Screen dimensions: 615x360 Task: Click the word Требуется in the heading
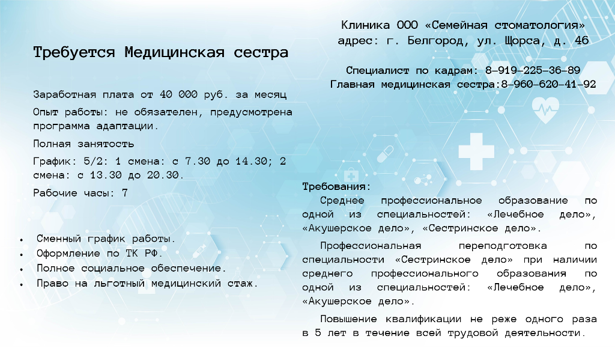tap(74, 53)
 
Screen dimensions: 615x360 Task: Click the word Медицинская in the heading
tap(175, 53)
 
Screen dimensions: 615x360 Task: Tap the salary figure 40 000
tap(178, 94)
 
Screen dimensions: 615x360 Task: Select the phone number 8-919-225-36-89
tap(533, 70)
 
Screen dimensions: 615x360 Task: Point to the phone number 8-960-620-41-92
tap(548, 84)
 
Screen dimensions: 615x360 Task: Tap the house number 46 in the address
tap(581, 40)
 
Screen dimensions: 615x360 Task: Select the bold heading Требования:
tap(336, 186)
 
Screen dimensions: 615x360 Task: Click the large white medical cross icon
tap(476, 151)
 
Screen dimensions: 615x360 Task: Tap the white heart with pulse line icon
tap(545, 110)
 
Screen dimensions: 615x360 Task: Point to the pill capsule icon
tap(385, 153)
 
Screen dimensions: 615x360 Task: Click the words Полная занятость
tap(83, 144)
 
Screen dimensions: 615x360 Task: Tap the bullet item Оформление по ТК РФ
tap(99, 254)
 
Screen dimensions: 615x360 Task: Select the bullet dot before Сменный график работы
tap(22, 239)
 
